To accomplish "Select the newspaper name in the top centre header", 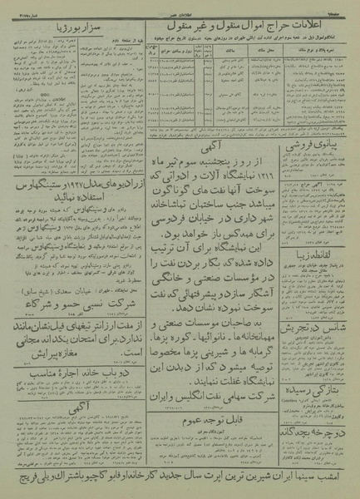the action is pos(180,7).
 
